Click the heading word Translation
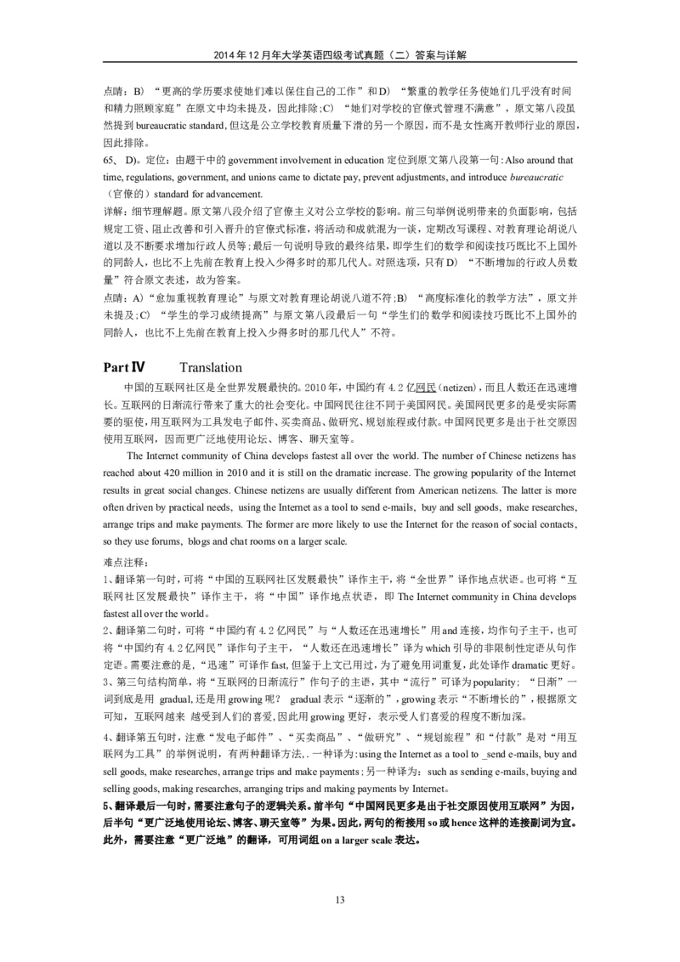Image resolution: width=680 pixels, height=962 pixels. pyautogui.click(x=212, y=367)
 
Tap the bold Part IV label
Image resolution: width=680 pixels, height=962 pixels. pyautogui.click(x=124, y=367)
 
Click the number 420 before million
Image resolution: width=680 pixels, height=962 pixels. pyautogui.click(x=177, y=473)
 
